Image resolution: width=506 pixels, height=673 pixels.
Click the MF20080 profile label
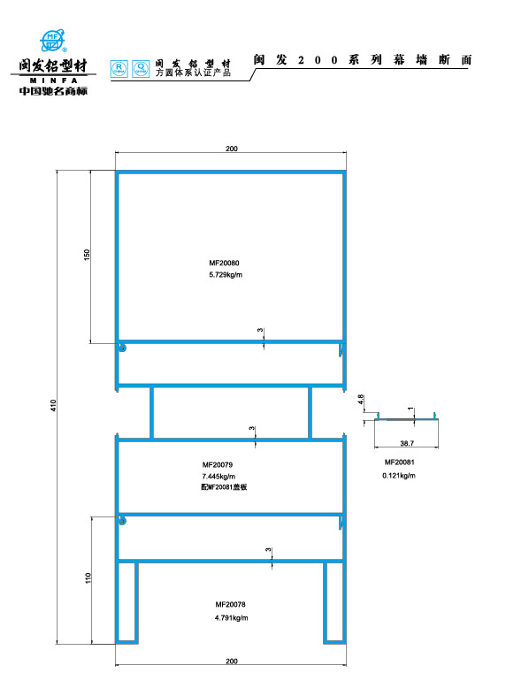pyautogui.click(x=225, y=264)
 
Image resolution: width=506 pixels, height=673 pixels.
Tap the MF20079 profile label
pyautogui.click(x=218, y=464)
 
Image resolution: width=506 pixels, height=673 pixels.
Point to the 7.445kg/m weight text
pyautogui.click(x=218, y=477)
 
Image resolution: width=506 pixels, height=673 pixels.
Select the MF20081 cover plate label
pyautogui.click(x=399, y=463)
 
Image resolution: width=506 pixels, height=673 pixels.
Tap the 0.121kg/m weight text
pyautogui.click(x=399, y=476)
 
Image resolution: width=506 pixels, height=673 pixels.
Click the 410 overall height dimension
pyautogui.click(x=53, y=406)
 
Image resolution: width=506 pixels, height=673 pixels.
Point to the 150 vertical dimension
pyautogui.click(x=86, y=255)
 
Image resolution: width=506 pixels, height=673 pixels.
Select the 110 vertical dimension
pyautogui.click(x=88, y=578)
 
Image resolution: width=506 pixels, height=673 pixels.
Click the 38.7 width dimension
pyautogui.click(x=407, y=441)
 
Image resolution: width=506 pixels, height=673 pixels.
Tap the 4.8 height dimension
pyautogui.click(x=361, y=401)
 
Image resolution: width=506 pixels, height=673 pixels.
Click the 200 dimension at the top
pyautogui.click(x=231, y=149)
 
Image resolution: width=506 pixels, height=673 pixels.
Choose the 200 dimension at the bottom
pyautogui.click(x=231, y=661)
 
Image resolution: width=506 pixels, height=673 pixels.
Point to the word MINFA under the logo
pyautogui.click(x=52, y=79)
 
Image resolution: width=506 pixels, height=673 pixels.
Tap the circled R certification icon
pyautogui.click(x=119, y=67)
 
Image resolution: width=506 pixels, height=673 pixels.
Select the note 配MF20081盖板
pyautogui.click(x=221, y=488)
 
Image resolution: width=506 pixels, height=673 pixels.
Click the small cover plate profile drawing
pyautogui.click(x=406, y=417)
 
